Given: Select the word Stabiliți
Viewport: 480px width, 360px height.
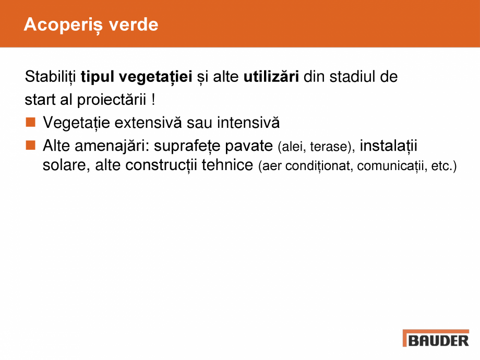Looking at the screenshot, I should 51,77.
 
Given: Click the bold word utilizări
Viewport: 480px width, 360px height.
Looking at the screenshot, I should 271,77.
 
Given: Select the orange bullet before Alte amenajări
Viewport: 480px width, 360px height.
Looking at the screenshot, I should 30,144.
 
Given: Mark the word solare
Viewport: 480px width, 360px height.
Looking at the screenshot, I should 65,167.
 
